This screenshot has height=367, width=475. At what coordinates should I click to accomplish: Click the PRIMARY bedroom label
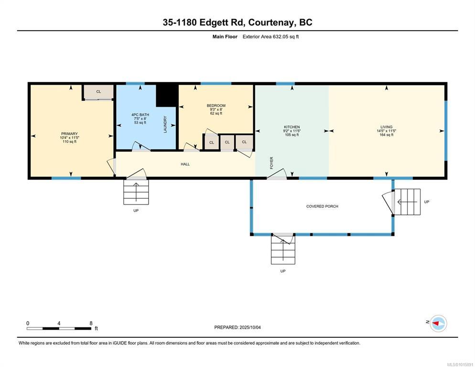[x=69, y=134]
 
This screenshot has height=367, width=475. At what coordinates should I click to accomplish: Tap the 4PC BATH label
[x=140, y=115]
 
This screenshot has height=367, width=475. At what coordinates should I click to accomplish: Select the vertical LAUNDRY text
[x=165, y=124]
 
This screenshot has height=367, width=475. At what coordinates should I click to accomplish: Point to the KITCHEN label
[x=291, y=127]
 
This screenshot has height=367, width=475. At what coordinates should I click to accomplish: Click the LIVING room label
[x=386, y=127]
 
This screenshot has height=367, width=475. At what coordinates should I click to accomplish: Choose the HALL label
[x=185, y=164]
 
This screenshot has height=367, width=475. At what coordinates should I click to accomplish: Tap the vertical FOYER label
[x=271, y=163]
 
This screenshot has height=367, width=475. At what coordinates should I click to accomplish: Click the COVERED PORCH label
[x=322, y=206]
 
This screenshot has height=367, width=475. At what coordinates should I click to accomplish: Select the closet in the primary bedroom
[x=98, y=92]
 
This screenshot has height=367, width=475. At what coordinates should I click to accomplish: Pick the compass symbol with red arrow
[x=438, y=324]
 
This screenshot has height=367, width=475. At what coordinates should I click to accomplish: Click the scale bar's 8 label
[x=91, y=323]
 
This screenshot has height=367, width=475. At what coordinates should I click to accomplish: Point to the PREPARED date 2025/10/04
[x=250, y=327]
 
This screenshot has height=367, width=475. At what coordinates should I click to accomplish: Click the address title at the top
[x=237, y=22]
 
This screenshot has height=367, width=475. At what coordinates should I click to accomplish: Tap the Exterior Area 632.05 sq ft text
[x=270, y=37]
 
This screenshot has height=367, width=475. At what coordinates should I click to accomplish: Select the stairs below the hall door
[x=136, y=192]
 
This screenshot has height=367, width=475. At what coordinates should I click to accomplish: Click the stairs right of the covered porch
[x=407, y=202]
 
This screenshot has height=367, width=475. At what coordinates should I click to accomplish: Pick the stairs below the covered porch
[x=283, y=249]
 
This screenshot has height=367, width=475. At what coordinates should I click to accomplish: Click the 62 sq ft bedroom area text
[x=216, y=113]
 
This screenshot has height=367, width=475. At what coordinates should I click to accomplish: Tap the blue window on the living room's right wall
[x=446, y=130]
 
